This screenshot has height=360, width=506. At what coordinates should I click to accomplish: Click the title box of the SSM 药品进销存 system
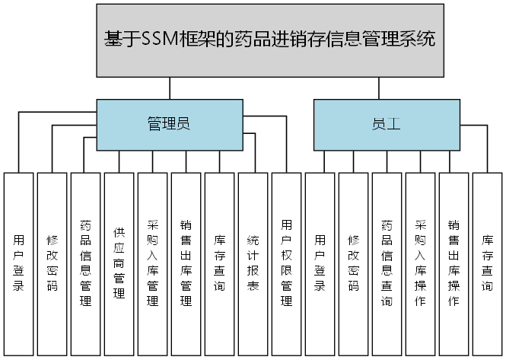coord(270,40)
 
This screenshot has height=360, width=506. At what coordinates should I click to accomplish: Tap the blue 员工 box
coord(387,123)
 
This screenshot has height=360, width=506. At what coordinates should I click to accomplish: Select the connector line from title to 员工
coord(380,88)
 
